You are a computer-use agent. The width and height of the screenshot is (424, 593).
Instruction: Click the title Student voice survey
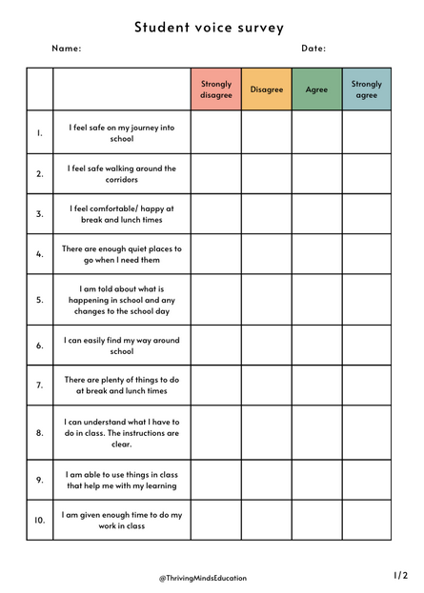(x=209, y=28)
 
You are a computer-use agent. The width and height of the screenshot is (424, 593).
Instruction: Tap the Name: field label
(x=67, y=49)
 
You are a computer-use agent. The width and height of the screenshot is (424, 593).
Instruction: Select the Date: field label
(x=313, y=49)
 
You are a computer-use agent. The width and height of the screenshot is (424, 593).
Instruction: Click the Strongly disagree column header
(x=215, y=89)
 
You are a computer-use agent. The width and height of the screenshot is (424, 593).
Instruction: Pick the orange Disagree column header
(x=266, y=89)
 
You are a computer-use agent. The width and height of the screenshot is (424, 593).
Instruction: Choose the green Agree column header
(x=316, y=89)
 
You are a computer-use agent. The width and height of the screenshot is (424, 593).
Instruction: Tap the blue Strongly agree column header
(x=366, y=89)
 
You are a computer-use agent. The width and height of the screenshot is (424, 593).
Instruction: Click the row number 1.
(x=40, y=132)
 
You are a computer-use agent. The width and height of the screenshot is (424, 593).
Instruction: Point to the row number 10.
(x=40, y=521)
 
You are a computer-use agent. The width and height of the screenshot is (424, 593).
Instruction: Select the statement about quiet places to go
(x=121, y=254)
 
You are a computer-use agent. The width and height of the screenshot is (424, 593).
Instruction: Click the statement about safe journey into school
(x=121, y=132)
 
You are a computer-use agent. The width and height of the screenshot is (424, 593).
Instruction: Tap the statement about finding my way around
(x=121, y=346)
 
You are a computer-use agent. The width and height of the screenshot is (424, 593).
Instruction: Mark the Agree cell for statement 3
(x=316, y=214)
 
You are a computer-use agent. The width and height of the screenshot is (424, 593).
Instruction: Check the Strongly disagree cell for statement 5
(x=215, y=299)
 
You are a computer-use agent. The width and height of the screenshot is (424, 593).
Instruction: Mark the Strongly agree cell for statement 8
(x=366, y=432)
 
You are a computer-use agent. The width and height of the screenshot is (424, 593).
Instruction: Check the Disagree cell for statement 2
(x=266, y=173)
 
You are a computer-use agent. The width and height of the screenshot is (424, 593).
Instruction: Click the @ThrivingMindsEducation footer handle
(x=202, y=578)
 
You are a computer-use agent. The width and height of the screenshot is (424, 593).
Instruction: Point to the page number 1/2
(x=400, y=575)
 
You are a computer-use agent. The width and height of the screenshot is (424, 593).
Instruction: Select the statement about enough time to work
(x=121, y=521)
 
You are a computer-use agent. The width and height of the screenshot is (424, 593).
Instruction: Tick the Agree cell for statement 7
(x=316, y=385)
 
